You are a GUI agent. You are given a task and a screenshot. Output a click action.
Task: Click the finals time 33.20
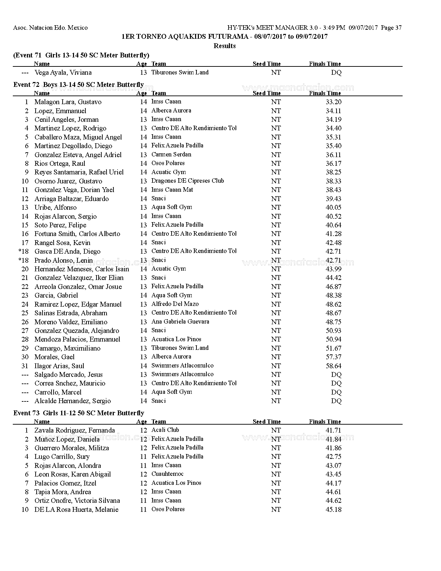[x=333, y=102]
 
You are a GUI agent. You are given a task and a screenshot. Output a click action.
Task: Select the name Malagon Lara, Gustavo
[x=68, y=102]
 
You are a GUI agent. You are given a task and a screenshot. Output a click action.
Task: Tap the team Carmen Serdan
[x=171, y=154]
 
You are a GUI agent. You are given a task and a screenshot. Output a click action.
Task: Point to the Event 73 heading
[x=79, y=413]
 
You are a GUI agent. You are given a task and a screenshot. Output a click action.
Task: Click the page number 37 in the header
[x=398, y=28]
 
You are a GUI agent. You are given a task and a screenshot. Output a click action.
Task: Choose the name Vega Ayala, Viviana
[x=63, y=72]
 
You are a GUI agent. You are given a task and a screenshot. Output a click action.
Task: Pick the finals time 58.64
[x=333, y=366]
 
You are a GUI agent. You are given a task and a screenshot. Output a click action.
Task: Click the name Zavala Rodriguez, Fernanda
[x=74, y=430]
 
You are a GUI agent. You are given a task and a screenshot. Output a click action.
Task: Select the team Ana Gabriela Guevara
[x=180, y=321]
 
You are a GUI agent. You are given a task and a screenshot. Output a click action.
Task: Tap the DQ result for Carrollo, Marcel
[x=336, y=392]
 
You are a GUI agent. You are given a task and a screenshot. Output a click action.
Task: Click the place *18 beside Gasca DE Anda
[x=24, y=251]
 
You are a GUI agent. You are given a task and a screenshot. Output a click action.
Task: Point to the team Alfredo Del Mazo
[x=175, y=304]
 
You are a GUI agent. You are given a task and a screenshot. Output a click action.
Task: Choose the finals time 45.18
[x=333, y=509]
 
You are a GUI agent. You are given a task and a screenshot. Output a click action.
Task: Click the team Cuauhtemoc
[x=167, y=474]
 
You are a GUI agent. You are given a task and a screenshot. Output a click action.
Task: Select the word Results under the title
[x=224, y=46]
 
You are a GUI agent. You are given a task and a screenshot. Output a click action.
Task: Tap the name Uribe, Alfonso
[x=55, y=207]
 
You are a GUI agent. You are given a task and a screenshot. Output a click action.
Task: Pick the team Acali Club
[x=165, y=430]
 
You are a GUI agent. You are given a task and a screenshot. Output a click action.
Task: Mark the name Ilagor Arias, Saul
[x=59, y=366]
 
